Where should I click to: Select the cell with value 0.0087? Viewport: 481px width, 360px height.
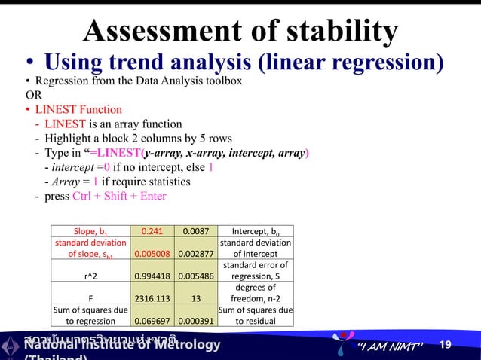tap(195, 231)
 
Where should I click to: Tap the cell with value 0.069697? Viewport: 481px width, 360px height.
tap(153, 320)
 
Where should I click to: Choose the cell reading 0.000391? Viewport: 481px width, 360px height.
tap(195, 320)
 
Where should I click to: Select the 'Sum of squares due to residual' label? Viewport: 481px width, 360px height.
tap(255, 315)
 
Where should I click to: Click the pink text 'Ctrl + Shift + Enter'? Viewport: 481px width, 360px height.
tap(119, 196)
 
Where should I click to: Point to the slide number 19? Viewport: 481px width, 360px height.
tap(446, 345)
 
